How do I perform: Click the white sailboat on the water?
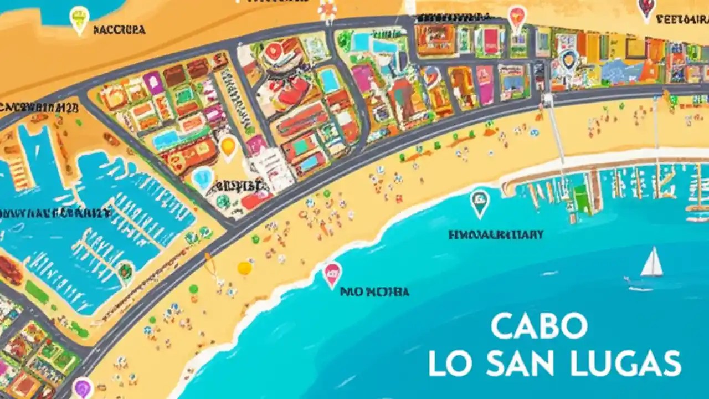652,263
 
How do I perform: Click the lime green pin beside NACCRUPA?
79,19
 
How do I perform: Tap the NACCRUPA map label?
119,30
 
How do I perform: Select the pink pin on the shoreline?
332,274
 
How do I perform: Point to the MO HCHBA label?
374,291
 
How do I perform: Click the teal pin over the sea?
480,202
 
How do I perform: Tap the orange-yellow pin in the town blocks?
228,147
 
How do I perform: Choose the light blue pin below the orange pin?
203,178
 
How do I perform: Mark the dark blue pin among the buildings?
568,59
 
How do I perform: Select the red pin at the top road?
516,18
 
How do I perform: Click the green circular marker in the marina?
126,270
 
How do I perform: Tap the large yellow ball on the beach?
244,268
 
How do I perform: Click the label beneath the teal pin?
496,235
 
